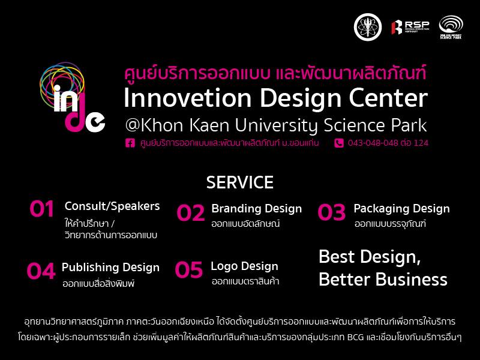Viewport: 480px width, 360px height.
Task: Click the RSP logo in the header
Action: coord(410,27)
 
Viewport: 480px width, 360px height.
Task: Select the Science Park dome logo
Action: coord(451,27)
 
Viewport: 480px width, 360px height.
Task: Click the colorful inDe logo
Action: coord(72,97)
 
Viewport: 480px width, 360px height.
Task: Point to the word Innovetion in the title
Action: coord(188,98)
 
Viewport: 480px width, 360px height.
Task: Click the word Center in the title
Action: coord(388,98)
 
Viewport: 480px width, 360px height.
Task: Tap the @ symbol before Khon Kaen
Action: coord(132,125)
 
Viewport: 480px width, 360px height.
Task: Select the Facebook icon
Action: coord(130,143)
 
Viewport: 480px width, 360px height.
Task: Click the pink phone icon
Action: coord(339,143)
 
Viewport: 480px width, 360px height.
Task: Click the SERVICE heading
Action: coord(239,182)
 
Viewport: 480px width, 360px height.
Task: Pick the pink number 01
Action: coord(42,209)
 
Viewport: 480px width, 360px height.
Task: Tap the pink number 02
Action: coord(191,213)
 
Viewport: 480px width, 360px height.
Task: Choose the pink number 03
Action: coord(332,212)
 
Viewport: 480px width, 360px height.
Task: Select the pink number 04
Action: coord(41,271)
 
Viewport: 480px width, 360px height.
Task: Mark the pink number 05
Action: coord(188,269)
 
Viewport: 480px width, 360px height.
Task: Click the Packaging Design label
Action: coord(401,209)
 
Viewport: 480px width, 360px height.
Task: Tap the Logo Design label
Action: coord(244,266)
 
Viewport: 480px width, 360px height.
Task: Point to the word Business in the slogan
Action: coord(411,279)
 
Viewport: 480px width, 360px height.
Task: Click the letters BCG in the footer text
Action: coord(356,337)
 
